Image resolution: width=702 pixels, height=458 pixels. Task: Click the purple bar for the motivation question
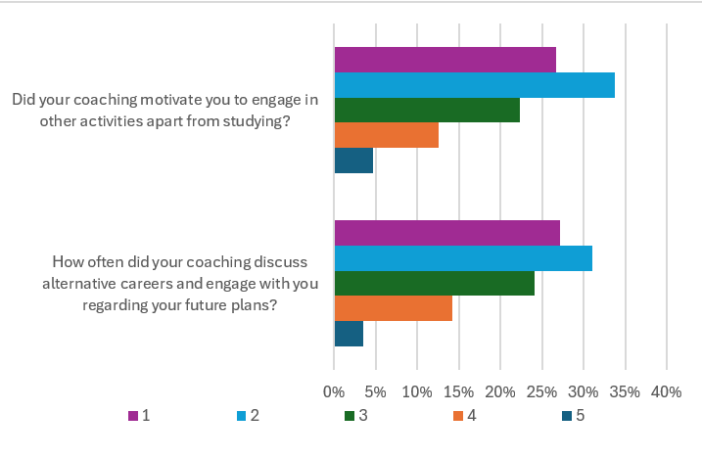[x=445, y=60]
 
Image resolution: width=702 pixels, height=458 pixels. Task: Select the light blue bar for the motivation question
[x=474, y=85]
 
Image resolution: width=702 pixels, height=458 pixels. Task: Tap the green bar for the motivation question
[x=427, y=111]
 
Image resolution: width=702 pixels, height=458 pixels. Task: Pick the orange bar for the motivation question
[x=386, y=136]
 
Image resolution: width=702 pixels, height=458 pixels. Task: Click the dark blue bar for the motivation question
[x=353, y=160]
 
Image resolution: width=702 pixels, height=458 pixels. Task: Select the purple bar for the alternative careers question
[x=446, y=233]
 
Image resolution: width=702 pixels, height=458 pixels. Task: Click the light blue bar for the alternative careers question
[x=463, y=258]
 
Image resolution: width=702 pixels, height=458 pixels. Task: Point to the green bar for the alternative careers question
[x=434, y=284]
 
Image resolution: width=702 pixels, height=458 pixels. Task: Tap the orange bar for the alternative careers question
[x=393, y=308]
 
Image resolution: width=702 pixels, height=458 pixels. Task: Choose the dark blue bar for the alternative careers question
[x=349, y=334]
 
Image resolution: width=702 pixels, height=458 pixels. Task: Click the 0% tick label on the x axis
[x=335, y=391]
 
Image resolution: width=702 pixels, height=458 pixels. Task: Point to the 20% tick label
[x=500, y=391]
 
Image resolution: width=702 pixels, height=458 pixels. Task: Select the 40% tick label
[x=666, y=391]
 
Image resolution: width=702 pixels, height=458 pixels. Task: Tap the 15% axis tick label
[x=459, y=391]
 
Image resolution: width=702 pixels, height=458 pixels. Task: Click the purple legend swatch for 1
[x=133, y=416]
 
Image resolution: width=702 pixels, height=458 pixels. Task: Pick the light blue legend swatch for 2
[x=241, y=416]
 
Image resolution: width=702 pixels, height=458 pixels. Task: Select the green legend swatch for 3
[x=349, y=416]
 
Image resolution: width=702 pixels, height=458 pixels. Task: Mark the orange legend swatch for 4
[x=457, y=416]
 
